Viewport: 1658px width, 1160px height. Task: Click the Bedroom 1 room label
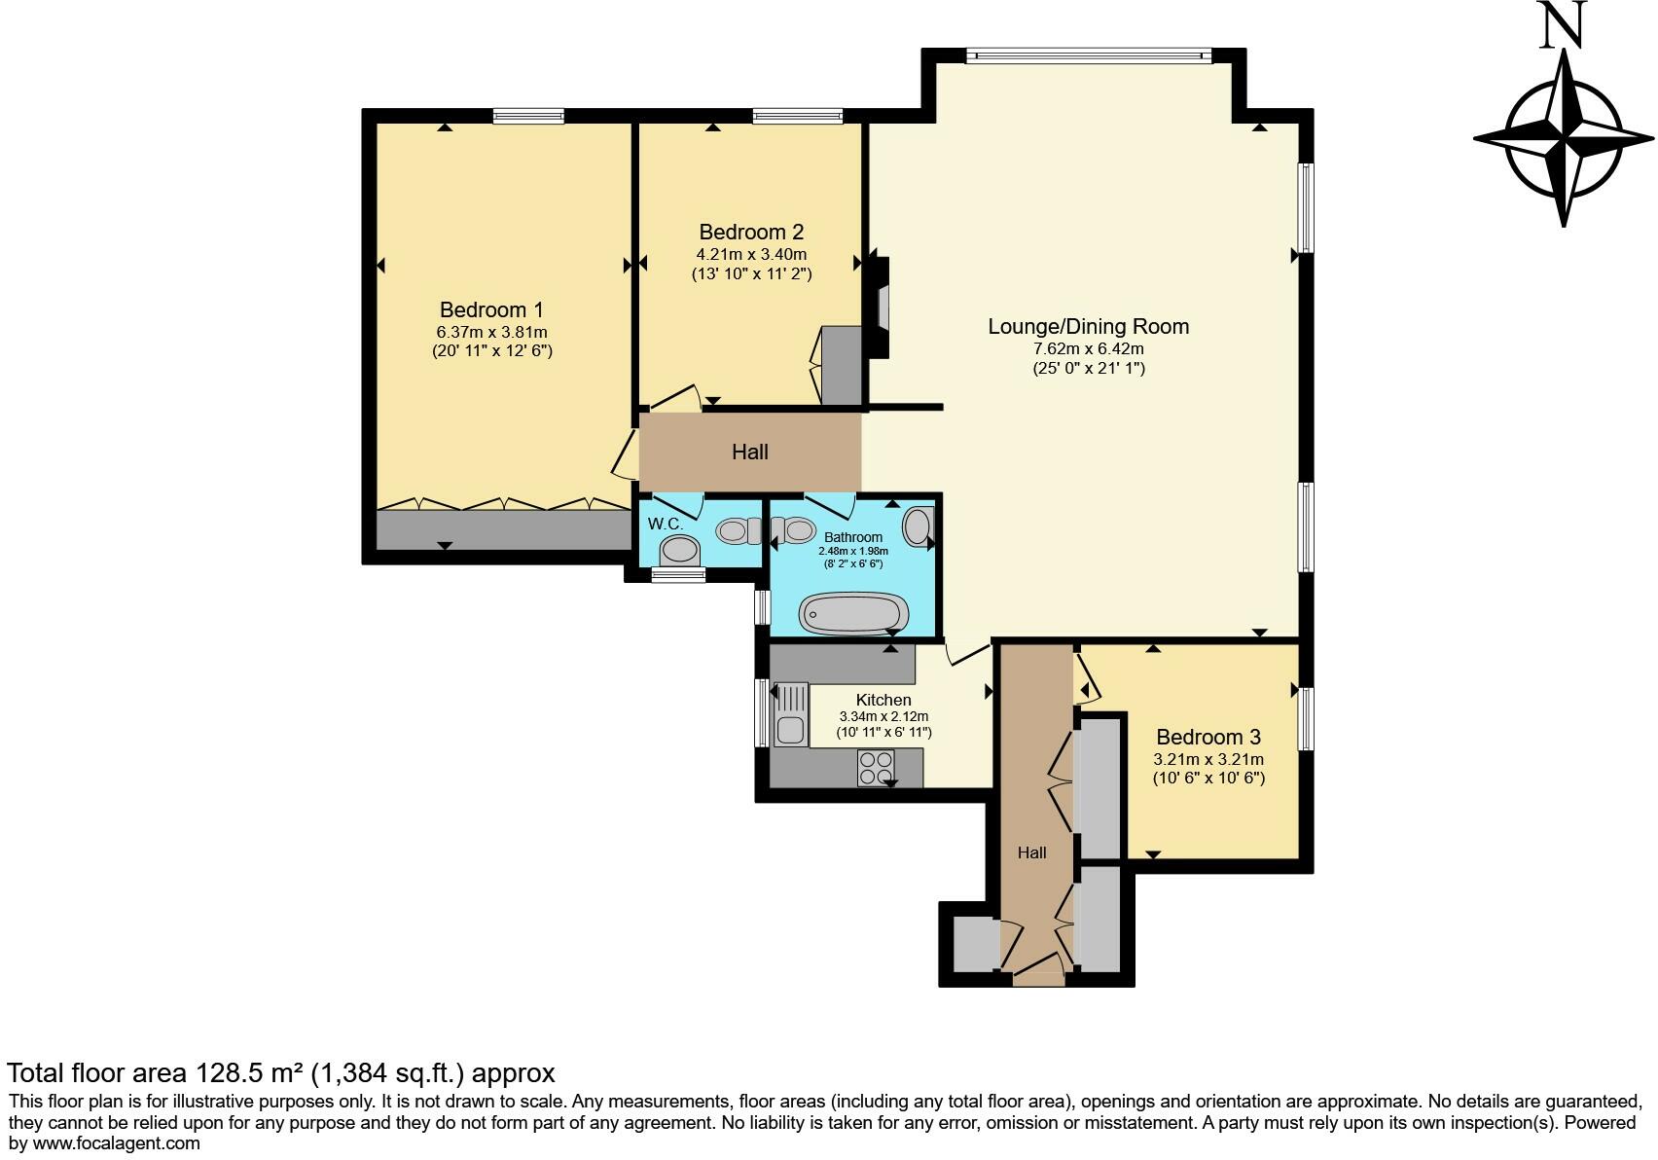click(491, 309)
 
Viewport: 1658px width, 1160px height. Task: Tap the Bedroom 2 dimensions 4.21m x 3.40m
click(751, 255)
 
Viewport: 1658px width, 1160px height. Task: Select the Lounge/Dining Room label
click(1088, 326)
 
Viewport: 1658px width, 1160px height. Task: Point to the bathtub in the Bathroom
click(853, 613)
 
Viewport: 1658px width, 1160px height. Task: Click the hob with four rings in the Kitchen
click(876, 768)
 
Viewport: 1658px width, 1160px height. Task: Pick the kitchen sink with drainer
click(790, 714)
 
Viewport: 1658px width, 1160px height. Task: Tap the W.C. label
click(666, 525)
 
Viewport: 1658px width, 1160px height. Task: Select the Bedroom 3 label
click(1207, 738)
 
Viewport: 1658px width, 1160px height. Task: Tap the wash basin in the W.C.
click(679, 550)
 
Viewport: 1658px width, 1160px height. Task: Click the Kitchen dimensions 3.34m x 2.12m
click(883, 716)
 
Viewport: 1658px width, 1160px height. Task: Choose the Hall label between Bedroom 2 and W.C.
click(750, 453)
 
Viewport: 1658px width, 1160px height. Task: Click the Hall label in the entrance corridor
click(1031, 852)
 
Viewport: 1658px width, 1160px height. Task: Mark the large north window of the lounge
click(1088, 54)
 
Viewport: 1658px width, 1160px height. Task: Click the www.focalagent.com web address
click(116, 1143)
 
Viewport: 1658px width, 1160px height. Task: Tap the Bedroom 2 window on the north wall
click(797, 116)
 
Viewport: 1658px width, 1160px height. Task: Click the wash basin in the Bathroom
click(918, 527)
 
